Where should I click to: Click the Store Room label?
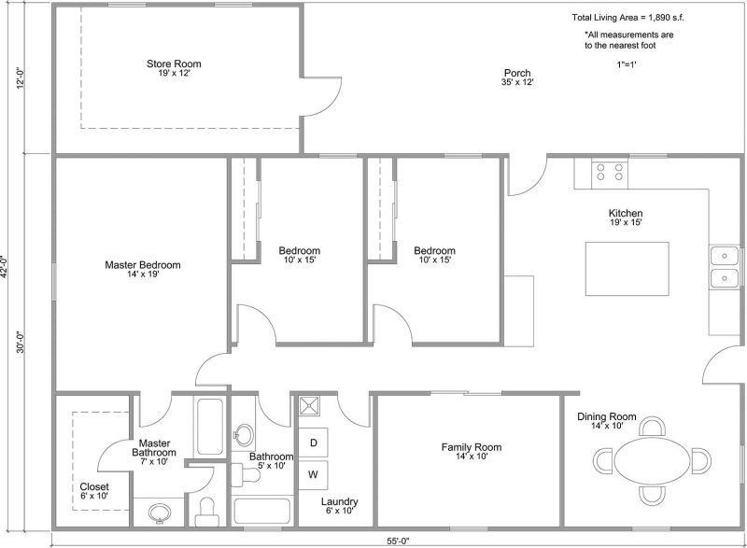[174, 63]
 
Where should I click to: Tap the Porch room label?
[517, 73]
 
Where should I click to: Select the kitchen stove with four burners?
[610, 173]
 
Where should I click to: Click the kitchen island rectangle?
[627, 269]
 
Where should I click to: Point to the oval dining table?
[652, 460]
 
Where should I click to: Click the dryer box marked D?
[313, 443]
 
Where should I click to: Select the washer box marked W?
[313, 474]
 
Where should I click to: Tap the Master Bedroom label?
[143, 265]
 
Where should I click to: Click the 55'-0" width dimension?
[398, 541]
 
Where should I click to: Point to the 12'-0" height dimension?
[20, 78]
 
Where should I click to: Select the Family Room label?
[472, 447]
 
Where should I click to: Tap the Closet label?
[94, 486]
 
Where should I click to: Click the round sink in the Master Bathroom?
[160, 513]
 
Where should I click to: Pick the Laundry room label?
[339, 502]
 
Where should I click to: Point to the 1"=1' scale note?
[627, 64]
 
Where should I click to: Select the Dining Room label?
[606, 416]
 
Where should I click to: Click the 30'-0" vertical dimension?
[20, 343]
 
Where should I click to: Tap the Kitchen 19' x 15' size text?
[626, 222]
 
